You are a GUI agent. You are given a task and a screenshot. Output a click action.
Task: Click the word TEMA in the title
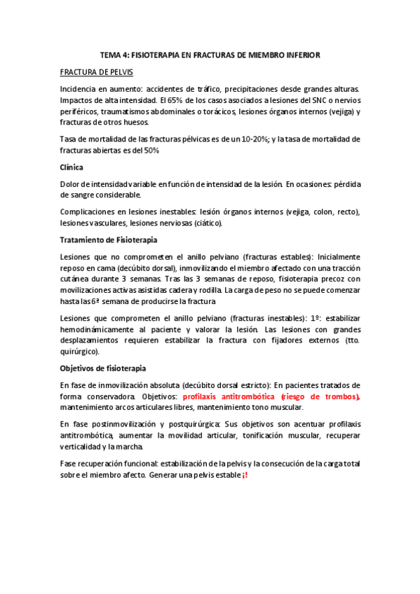click(x=110, y=54)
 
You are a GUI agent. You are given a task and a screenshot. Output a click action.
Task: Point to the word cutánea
click(x=77, y=279)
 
